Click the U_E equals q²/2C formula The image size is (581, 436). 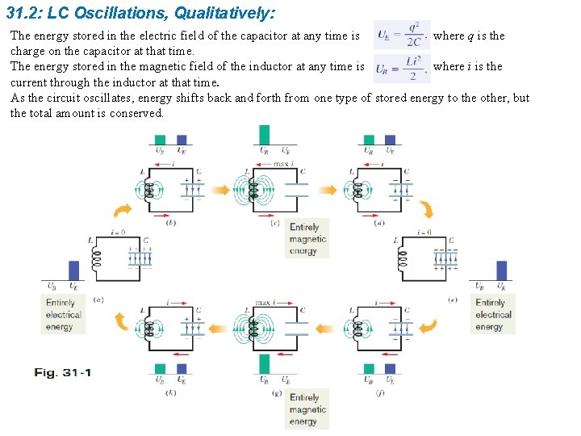pos(402,36)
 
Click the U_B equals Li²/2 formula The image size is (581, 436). pos(402,68)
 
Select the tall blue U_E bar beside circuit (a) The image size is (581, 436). pos(74,270)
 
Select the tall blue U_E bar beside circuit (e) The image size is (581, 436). pos(501,270)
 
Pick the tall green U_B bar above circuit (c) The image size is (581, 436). pos(264,134)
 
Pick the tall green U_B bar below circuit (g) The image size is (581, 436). pos(264,363)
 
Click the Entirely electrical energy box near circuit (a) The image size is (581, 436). pos(64,315)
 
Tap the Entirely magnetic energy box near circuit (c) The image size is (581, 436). pos(307,239)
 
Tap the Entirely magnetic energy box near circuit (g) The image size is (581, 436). pos(307,409)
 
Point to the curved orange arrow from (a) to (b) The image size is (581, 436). pos(122,211)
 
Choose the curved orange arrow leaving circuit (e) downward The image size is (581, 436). pos(428,326)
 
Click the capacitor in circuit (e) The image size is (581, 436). pos(445,259)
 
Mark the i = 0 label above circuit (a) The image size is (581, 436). pos(117,232)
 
